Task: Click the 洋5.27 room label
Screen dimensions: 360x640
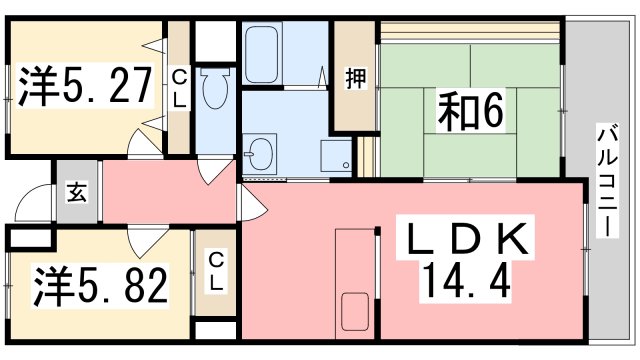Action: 85,87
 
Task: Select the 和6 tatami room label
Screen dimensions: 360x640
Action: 468,111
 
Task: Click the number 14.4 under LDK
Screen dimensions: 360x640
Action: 468,283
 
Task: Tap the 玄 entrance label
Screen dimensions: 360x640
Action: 76,191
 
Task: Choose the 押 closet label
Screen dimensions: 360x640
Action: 355,78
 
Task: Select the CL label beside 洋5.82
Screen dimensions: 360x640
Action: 215,270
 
